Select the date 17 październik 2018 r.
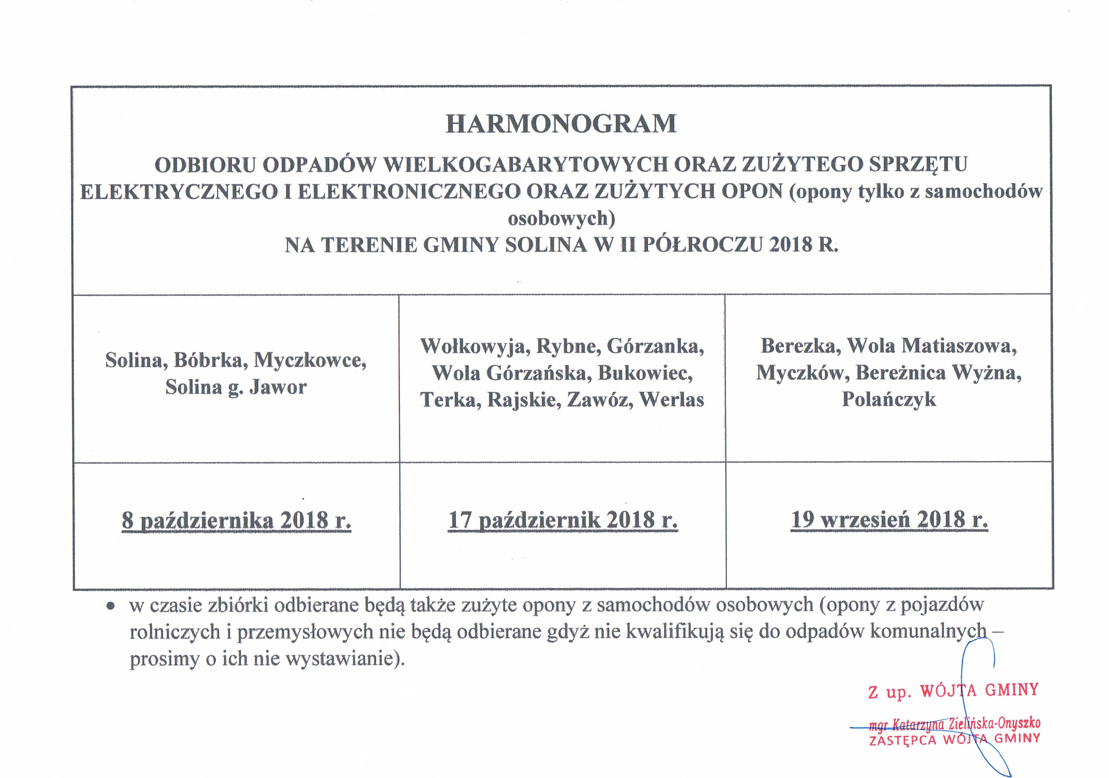[x=563, y=520]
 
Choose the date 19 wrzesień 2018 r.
[x=889, y=520]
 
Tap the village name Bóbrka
[x=208, y=360]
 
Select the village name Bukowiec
[x=645, y=373]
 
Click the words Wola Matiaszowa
[x=932, y=346]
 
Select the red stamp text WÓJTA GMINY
[x=980, y=690]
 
